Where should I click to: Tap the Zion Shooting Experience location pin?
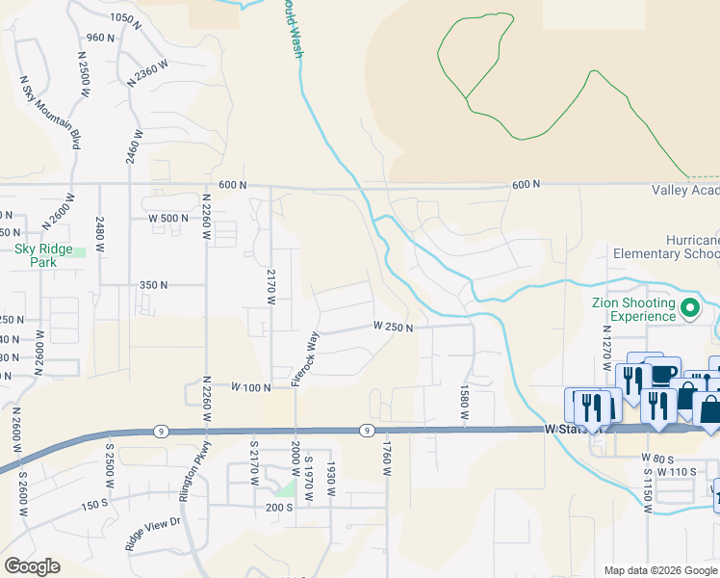(689, 309)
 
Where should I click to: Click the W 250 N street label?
(394, 328)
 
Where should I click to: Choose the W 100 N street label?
(252, 386)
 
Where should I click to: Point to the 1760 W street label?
(387, 459)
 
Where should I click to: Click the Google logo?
(32, 566)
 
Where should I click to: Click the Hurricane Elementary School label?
(665, 247)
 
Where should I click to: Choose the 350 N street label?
(153, 285)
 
